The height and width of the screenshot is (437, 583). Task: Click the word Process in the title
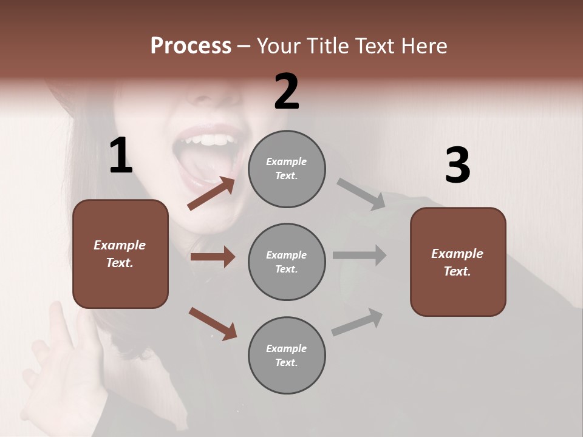click(191, 46)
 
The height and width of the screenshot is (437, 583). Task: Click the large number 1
click(121, 156)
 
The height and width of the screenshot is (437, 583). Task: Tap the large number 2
click(287, 92)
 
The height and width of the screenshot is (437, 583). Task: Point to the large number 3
click(457, 166)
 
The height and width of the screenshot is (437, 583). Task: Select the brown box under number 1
click(120, 254)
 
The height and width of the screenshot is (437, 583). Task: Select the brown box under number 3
click(458, 262)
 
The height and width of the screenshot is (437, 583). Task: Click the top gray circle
click(287, 169)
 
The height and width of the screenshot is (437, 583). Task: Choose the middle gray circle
click(287, 262)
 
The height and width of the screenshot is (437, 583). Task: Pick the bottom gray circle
click(287, 355)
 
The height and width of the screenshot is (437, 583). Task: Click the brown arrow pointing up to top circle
click(211, 194)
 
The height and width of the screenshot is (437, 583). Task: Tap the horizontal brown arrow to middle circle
click(212, 257)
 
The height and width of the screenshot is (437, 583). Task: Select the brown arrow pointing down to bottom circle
click(213, 323)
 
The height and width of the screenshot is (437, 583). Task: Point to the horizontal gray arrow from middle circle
click(359, 255)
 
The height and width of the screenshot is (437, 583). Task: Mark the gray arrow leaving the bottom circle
click(357, 322)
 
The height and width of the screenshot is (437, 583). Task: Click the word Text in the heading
click(375, 46)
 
